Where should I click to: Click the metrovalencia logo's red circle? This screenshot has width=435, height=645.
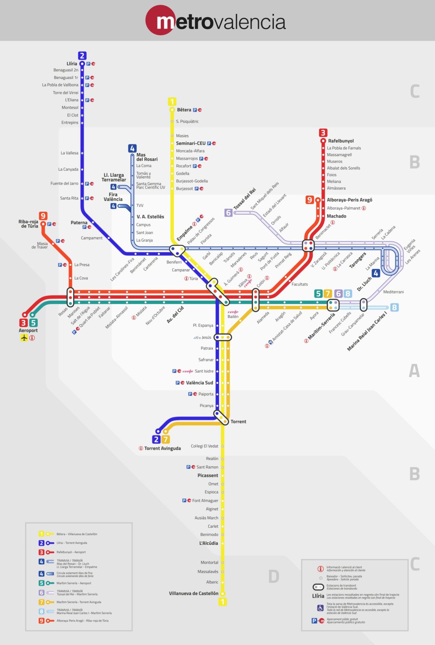click(160, 20)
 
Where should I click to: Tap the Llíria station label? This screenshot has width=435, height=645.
click(72, 64)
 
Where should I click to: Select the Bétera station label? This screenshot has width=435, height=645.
click(184, 110)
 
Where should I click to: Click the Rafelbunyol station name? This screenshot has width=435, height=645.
click(341, 141)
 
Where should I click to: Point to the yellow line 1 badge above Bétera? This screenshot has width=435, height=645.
click(172, 102)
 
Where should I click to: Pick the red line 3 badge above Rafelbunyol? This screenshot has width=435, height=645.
click(323, 133)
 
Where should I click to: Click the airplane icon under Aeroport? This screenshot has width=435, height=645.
click(24, 338)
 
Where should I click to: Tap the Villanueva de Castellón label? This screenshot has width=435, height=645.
click(194, 593)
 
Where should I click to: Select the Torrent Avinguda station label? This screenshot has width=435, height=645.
click(162, 448)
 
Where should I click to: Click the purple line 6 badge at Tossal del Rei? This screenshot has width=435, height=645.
click(228, 212)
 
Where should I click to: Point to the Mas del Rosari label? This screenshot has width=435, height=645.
click(147, 157)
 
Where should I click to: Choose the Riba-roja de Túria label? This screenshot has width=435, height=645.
click(28, 224)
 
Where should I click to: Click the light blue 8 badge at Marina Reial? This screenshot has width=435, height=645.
click(394, 307)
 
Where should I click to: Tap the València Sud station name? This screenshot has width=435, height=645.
click(199, 383)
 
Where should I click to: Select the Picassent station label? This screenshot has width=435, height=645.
click(208, 475)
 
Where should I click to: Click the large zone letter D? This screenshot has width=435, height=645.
click(273, 576)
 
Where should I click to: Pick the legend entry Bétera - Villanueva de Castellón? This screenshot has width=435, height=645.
click(77, 534)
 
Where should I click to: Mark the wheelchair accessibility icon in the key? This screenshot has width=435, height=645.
click(320, 608)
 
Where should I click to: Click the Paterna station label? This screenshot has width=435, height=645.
click(79, 223)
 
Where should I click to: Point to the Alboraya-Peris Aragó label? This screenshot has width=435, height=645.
click(349, 200)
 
